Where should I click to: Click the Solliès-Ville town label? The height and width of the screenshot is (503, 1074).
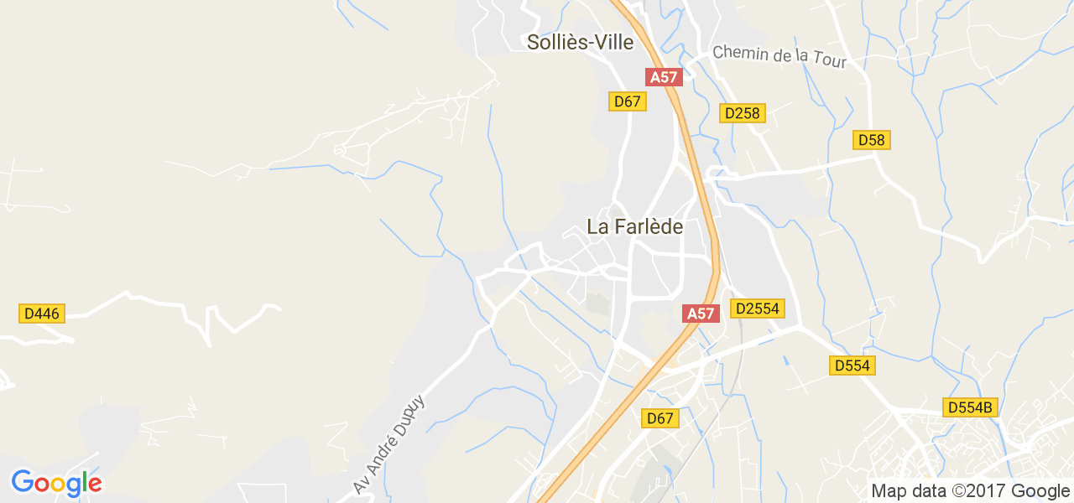[580, 42]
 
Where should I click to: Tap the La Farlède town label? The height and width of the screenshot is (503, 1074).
[634, 226]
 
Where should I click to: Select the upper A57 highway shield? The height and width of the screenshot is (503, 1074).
[664, 77]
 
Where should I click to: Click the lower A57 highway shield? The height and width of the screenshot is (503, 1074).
[701, 314]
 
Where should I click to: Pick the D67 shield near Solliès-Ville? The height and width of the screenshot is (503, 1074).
[627, 101]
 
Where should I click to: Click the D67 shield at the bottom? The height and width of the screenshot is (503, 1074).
[660, 417]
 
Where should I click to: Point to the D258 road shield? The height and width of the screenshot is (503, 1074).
[742, 113]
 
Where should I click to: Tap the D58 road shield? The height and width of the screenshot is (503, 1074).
[872, 140]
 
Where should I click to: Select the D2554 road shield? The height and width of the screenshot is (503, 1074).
[757, 309]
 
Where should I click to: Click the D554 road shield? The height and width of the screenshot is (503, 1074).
[852, 366]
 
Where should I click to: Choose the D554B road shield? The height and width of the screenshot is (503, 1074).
[970, 407]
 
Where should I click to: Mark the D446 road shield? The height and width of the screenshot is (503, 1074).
[41, 314]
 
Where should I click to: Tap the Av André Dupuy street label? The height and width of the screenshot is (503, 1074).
[390, 443]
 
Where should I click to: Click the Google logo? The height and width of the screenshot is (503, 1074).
[56, 483]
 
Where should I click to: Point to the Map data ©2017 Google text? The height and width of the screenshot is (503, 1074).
[970, 491]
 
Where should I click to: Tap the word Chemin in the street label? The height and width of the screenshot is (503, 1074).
[741, 53]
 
